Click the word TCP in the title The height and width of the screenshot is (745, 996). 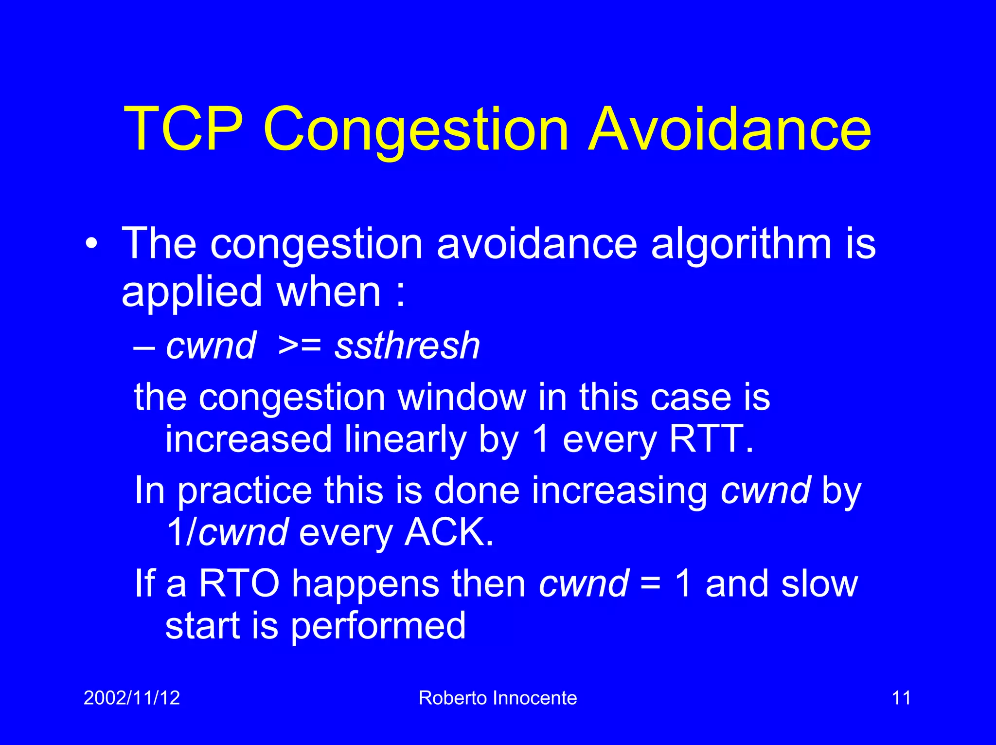point(183,129)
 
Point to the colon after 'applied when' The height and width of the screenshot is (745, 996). point(400,294)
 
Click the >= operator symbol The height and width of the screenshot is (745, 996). point(300,345)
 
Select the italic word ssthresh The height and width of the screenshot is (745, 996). point(408,345)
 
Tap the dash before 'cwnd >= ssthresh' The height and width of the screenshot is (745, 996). point(144,347)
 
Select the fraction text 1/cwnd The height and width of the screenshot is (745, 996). point(228,532)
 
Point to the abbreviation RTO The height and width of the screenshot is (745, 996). point(239,583)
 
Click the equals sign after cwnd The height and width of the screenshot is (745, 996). point(650,584)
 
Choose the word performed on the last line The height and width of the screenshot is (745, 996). point(378,627)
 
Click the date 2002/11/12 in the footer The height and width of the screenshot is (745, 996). point(132,698)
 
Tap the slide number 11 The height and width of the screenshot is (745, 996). point(901,698)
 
